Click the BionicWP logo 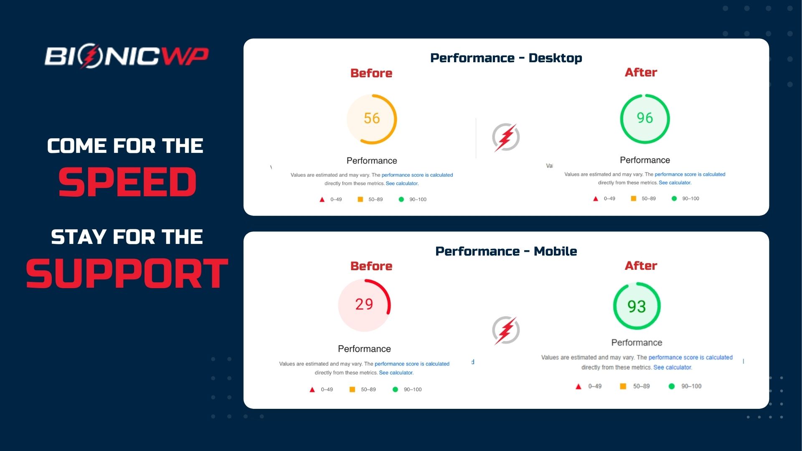[x=127, y=56]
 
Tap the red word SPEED [x=127, y=182]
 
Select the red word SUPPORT [x=127, y=274]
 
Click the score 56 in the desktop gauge [x=372, y=118]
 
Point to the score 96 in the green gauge [x=645, y=118]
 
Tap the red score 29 [x=364, y=304]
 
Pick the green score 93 [x=637, y=307]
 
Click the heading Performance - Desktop [x=506, y=58]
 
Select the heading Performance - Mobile [x=506, y=251]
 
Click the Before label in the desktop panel [x=371, y=73]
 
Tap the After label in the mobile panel [x=641, y=266]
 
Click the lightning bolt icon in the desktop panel [x=506, y=137]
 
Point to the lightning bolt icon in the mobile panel [x=506, y=330]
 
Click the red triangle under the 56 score [x=322, y=200]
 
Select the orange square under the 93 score [x=623, y=386]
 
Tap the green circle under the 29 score [x=395, y=390]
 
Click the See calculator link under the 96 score [x=675, y=183]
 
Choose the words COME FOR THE [x=125, y=146]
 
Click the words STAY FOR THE [x=127, y=237]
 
